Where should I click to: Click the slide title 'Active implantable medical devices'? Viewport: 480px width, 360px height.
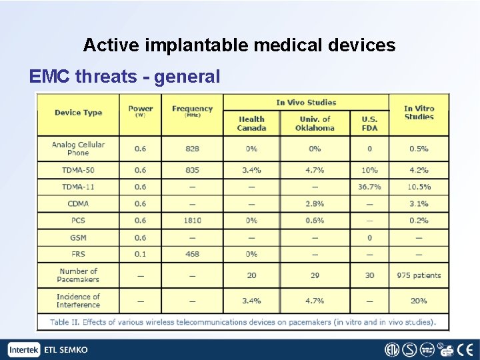click(239, 45)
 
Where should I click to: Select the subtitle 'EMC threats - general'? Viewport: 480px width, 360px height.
click(125, 77)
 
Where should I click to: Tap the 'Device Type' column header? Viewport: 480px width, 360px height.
click(78, 113)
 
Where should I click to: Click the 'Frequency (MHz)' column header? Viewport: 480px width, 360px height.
click(192, 111)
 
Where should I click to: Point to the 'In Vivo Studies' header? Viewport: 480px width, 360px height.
click(306, 102)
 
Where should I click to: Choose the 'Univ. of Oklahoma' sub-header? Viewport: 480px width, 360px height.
click(315, 123)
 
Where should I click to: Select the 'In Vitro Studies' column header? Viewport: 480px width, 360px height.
click(419, 113)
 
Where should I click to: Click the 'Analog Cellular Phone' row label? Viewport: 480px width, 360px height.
click(78, 149)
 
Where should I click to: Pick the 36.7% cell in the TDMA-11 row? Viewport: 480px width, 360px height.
click(369, 187)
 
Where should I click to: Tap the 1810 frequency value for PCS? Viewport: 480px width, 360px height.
click(192, 221)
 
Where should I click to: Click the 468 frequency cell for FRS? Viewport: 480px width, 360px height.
click(192, 254)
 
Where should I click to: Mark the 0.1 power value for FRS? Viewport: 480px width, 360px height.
click(140, 254)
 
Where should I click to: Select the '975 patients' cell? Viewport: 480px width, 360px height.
click(419, 275)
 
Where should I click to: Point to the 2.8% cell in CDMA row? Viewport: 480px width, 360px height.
click(315, 204)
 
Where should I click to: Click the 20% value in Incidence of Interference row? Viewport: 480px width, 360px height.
click(419, 301)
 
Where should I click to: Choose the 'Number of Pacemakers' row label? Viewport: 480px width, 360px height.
click(78, 275)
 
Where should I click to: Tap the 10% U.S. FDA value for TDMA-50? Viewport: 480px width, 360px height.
click(369, 170)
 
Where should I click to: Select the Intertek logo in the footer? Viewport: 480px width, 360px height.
click(24, 350)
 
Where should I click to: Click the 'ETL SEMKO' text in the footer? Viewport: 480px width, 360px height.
click(65, 350)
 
